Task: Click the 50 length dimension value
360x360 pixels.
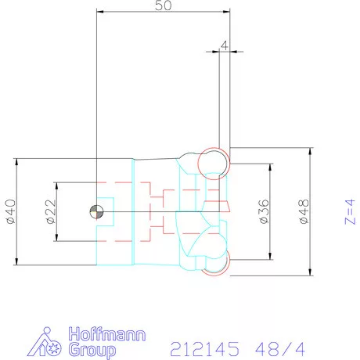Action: pyautogui.click(x=164, y=5)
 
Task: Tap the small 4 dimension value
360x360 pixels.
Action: pyautogui.click(x=224, y=45)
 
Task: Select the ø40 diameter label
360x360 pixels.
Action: pyautogui.click(x=11, y=211)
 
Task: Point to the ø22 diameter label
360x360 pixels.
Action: pyautogui.click(x=51, y=211)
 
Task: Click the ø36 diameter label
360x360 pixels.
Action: pyautogui.click(x=264, y=211)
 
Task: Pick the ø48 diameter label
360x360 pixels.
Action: pyautogui.click(x=304, y=211)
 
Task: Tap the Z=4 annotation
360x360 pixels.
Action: pyautogui.click(x=350, y=211)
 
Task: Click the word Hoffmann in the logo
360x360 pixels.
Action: pyautogui.click(x=107, y=334)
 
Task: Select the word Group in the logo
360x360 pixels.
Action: pyautogui.click(x=92, y=350)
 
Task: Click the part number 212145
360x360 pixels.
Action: pyautogui.click(x=204, y=349)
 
